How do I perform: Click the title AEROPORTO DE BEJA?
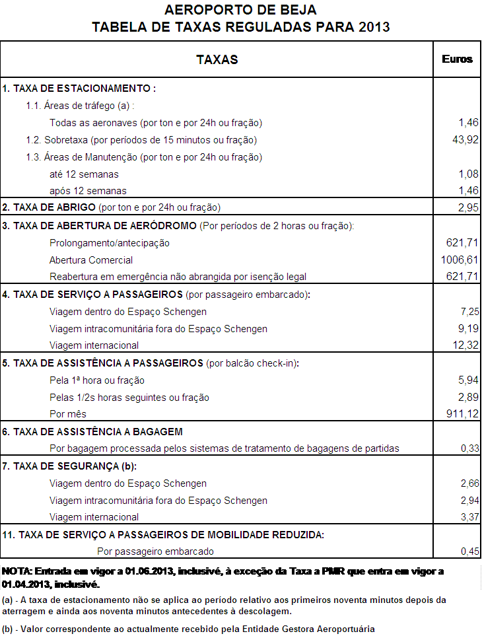pyautogui.click(x=240, y=10)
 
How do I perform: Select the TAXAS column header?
pyautogui.click(x=217, y=59)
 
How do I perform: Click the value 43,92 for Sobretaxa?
pyautogui.click(x=464, y=140)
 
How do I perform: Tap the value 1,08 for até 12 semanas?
pyautogui.click(x=467, y=174)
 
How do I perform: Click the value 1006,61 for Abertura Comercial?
pyautogui.click(x=459, y=260)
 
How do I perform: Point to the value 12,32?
pyautogui.click(x=464, y=345)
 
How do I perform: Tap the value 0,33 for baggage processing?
pyautogui.click(x=469, y=448)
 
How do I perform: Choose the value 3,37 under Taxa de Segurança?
pyautogui.click(x=469, y=517)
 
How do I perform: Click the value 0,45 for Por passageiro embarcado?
pyautogui.click(x=469, y=551)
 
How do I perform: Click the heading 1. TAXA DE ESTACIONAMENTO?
pyautogui.click(x=79, y=88)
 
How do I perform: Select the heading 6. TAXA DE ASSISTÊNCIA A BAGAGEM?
pyautogui.click(x=92, y=432)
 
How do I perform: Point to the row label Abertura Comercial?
pyautogui.click(x=91, y=260)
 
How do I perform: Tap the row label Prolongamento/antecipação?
pyautogui.click(x=110, y=243)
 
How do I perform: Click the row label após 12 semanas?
pyautogui.click(x=88, y=192)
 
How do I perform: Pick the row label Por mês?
pyautogui.click(x=68, y=414)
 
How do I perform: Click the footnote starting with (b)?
pyautogui.click(x=188, y=629)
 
